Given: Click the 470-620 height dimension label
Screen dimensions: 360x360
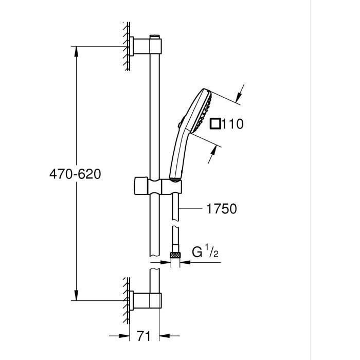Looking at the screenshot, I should pyautogui.click(x=75, y=174).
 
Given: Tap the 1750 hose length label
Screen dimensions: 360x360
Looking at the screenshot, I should pyautogui.click(x=221, y=209).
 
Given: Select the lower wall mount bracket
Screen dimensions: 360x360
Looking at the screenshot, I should pyautogui.click(x=145, y=300).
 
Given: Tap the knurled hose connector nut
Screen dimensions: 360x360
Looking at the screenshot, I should pyautogui.click(x=175, y=254).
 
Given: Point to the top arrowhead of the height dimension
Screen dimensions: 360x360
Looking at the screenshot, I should pyautogui.click(x=76, y=51).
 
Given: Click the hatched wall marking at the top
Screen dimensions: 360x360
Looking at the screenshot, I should pyautogui.click(x=125, y=46).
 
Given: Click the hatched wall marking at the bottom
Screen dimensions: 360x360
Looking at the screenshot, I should pyautogui.click(x=125, y=300).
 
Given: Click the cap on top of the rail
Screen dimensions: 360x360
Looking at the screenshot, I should pyautogui.click(x=153, y=37).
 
